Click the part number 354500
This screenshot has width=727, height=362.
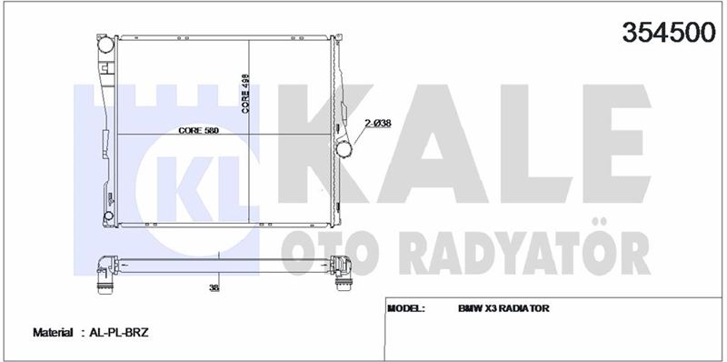[669, 33]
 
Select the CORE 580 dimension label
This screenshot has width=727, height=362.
[198, 131]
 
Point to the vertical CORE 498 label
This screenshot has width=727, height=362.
[245, 94]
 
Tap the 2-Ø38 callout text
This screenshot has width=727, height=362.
[378, 124]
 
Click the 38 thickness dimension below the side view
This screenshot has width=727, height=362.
[214, 288]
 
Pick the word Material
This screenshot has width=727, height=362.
[53, 333]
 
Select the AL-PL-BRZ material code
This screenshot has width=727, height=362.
[118, 333]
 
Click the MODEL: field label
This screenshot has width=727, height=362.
[405, 308]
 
